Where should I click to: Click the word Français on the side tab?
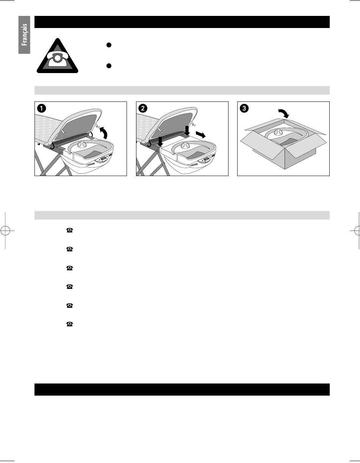click(25, 34)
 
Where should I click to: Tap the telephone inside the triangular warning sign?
click(58, 60)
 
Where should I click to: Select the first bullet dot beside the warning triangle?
click(109, 45)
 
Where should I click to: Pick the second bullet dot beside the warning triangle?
click(109, 66)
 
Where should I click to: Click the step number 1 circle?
click(41, 108)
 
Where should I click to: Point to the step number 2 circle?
click(143, 108)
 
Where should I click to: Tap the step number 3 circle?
click(244, 108)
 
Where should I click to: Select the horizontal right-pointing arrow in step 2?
click(201, 135)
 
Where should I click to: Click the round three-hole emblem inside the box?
click(278, 133)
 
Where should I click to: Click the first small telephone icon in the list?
click(69, 230)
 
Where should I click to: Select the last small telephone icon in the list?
click(69, 324)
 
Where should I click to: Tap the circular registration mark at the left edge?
click(5, 231)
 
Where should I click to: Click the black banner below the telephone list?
click(182, 390)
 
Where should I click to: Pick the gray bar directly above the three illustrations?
click(182, 90)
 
